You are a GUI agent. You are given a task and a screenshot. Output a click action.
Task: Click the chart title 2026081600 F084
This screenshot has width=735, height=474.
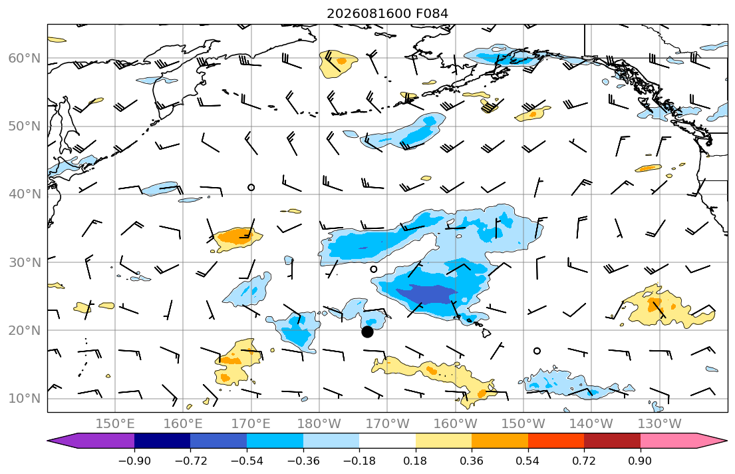[387, 13]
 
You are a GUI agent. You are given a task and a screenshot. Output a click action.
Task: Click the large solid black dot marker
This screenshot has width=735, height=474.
[367, 332]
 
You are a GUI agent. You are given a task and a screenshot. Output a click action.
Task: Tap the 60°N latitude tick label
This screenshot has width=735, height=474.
[25, 58]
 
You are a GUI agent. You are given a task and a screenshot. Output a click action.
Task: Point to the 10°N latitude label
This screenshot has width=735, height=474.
[25, 399]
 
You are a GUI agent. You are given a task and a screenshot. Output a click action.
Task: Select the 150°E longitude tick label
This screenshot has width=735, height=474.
[115, 424]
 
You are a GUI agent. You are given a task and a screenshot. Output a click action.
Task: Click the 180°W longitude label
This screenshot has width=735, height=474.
[319, 424]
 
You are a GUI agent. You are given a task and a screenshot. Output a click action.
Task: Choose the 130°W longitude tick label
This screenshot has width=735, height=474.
[660, 424]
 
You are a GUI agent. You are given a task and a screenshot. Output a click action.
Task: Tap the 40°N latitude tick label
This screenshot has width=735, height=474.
[25, 194]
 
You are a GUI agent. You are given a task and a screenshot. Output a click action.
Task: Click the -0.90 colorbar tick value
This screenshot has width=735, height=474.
[134, 461]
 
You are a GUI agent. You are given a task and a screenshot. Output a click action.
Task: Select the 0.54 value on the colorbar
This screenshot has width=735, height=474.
[528, 461]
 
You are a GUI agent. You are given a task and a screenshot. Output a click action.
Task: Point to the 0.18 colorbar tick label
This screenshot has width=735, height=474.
[415, 461]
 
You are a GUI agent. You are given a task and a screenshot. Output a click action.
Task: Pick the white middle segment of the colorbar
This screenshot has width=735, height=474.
[387, 441]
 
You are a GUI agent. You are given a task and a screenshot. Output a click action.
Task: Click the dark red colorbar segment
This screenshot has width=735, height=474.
[612, 441]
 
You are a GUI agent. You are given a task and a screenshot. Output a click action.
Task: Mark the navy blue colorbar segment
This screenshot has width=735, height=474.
[162, 441]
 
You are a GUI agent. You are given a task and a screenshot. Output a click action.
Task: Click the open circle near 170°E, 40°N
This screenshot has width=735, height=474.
[251, 188]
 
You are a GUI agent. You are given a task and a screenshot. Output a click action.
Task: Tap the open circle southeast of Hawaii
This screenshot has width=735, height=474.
[537, 351]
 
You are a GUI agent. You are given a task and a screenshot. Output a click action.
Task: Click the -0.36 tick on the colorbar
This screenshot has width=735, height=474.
[303, 461]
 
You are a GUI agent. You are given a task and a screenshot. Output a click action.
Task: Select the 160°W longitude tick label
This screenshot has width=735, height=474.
[455, 424]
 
